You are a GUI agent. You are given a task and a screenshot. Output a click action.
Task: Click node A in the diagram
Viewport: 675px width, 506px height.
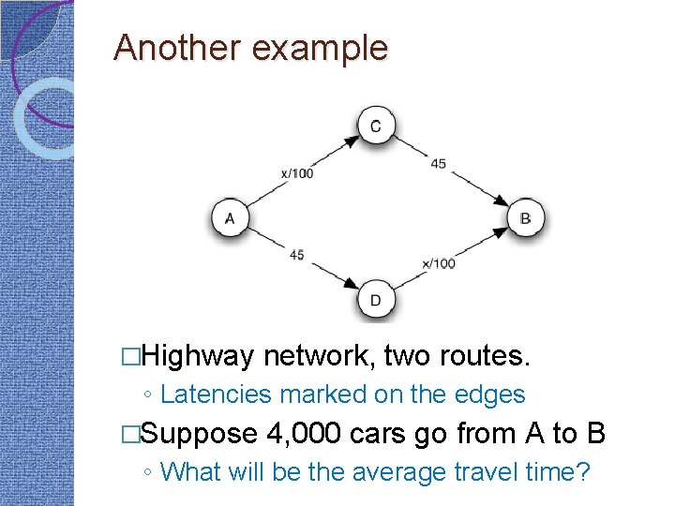[x=230, y=219]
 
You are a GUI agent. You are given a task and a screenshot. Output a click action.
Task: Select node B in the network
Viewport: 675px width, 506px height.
[x=525, y=219]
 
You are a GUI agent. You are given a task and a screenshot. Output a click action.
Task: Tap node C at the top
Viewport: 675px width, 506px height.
[x=376, y=126]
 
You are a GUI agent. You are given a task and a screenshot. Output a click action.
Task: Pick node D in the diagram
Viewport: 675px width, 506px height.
[x=376, y=300]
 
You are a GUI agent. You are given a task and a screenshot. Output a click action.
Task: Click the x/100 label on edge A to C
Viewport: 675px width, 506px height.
[x=297, y=173]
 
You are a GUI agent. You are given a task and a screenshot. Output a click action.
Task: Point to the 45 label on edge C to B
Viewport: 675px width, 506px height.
[x=438, y=164]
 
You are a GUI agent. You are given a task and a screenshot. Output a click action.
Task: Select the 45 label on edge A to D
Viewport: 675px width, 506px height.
[x=296, y=255]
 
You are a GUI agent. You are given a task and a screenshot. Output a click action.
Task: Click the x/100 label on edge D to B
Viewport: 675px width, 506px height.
[x=438, y=263]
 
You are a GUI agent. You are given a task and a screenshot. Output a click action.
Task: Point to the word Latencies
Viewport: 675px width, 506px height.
[x=215, y=395]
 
